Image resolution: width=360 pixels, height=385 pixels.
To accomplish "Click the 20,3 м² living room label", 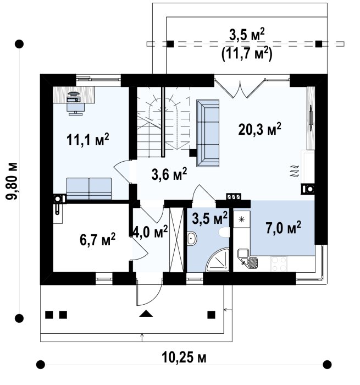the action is click(x=259, y=129).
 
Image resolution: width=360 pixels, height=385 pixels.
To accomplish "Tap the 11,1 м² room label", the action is click(x=87, y=140).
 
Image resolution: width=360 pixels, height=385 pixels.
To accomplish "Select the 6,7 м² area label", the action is click(x=97, y=239).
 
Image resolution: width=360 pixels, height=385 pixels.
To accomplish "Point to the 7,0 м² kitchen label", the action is click(x=283, y=227).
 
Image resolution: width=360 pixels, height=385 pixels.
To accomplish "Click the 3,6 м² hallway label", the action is click(x=169, y=174).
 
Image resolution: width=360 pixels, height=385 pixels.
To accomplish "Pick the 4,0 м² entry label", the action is click(x=150, y=232).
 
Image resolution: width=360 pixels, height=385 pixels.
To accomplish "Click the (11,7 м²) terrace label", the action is click(x=247, y=54).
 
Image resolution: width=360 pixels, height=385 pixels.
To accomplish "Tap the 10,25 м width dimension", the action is click(x=184, y=358).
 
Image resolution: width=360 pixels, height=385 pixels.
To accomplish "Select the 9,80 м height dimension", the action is click(x=12, y=181).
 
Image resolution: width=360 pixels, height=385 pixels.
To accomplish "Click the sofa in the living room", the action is click(x=208, y=133).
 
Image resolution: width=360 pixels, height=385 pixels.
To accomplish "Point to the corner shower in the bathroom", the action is click(x=218, y=260).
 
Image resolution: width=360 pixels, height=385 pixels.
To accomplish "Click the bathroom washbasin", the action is click(x=192, y=239).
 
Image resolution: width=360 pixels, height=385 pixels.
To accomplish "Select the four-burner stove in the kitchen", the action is click(x=279, y=263).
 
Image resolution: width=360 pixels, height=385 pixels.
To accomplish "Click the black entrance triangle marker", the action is click(x=146, y=313).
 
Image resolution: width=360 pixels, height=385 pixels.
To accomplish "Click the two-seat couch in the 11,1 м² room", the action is click(x=89, y=189).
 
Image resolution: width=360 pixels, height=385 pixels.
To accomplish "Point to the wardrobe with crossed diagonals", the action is click(x=176, y=240).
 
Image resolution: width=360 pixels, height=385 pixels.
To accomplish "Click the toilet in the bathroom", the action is click(x=224, y=232).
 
